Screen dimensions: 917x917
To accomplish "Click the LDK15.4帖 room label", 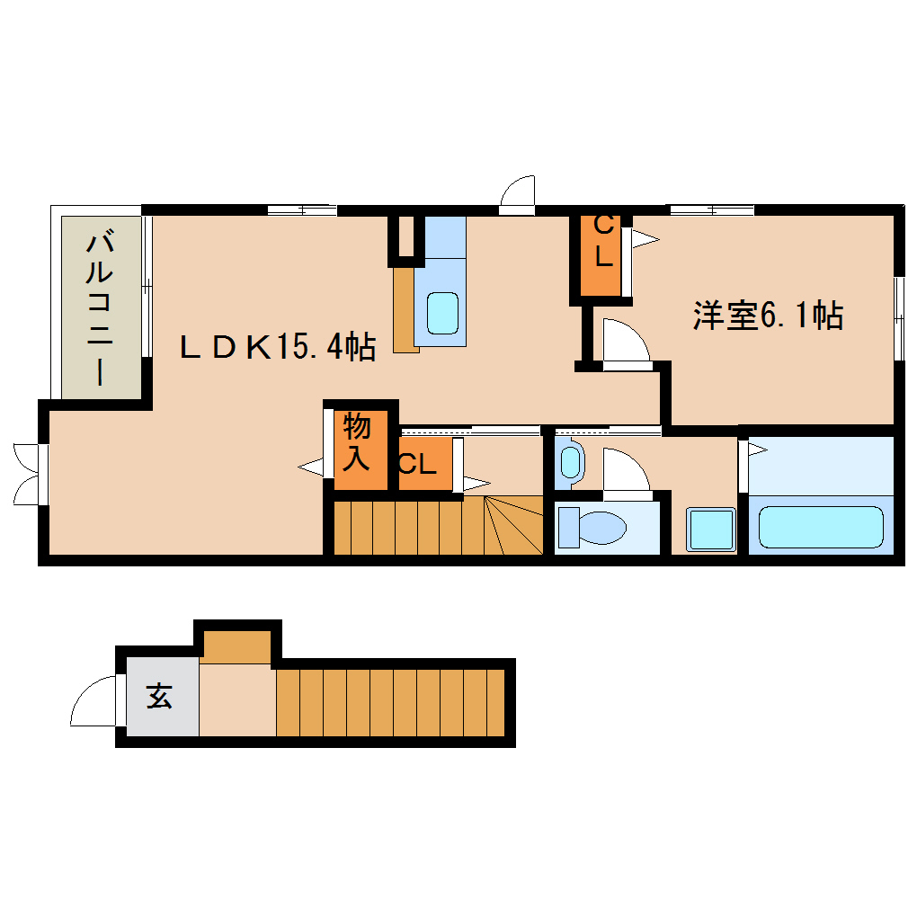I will click(277, 346).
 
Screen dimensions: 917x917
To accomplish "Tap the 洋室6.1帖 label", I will click(767, 316).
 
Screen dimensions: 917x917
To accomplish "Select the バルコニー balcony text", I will click(101, 307).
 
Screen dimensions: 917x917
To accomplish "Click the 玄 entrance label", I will click(160, 696).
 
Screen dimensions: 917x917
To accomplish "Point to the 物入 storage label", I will click(357, 443).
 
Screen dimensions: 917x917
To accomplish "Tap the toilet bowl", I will click(592, 528).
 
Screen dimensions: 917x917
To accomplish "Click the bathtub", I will click(820, 527).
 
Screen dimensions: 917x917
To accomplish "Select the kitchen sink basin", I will click(442, 312).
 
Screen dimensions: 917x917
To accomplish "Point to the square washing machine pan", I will click(710, 529).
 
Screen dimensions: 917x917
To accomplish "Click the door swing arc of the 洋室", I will click(627, 343).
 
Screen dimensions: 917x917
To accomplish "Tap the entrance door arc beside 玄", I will click(93, 701).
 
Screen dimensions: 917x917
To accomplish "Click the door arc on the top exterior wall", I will click(519, 194).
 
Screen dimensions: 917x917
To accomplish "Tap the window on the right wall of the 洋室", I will click(898, 318).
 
